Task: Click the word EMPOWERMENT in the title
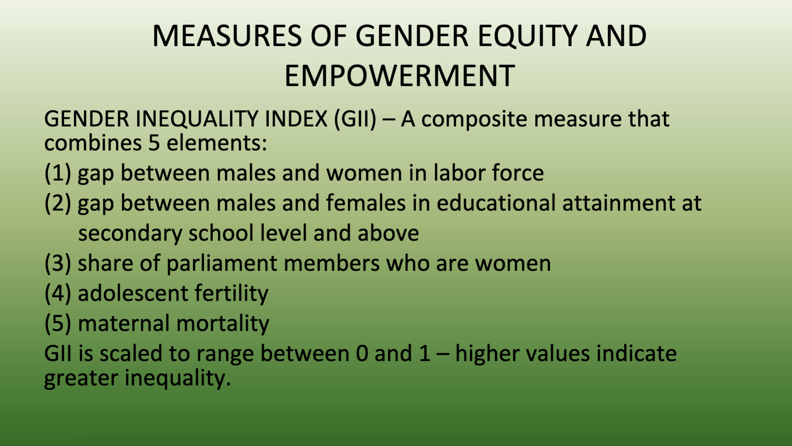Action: click(x=400, y=76)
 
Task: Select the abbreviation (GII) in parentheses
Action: click(x=355, y=119)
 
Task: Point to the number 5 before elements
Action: click(x=154, y=143)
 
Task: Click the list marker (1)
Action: click(x=58, y=173)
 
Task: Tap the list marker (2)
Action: click(x=58, y=203)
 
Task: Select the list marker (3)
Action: click(x=58, y=263)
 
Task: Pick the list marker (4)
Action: click(x=58, y=293)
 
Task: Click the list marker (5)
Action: click(x=58, y=323)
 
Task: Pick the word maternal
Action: click(x=124, y=324)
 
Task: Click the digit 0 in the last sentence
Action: click(x=362, y=354)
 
